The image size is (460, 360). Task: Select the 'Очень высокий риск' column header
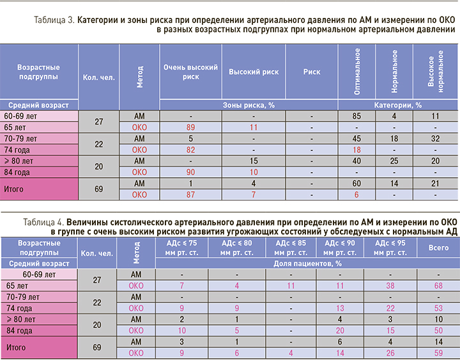[x=190, y=72]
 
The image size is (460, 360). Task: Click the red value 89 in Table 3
[x=190, y=127]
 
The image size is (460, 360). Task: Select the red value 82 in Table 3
[x=190, y=150]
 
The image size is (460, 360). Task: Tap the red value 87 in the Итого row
[x=190, y=194]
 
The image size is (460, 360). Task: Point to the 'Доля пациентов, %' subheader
[x=306, y=263]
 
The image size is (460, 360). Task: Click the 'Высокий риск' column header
[x=253, y=72]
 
